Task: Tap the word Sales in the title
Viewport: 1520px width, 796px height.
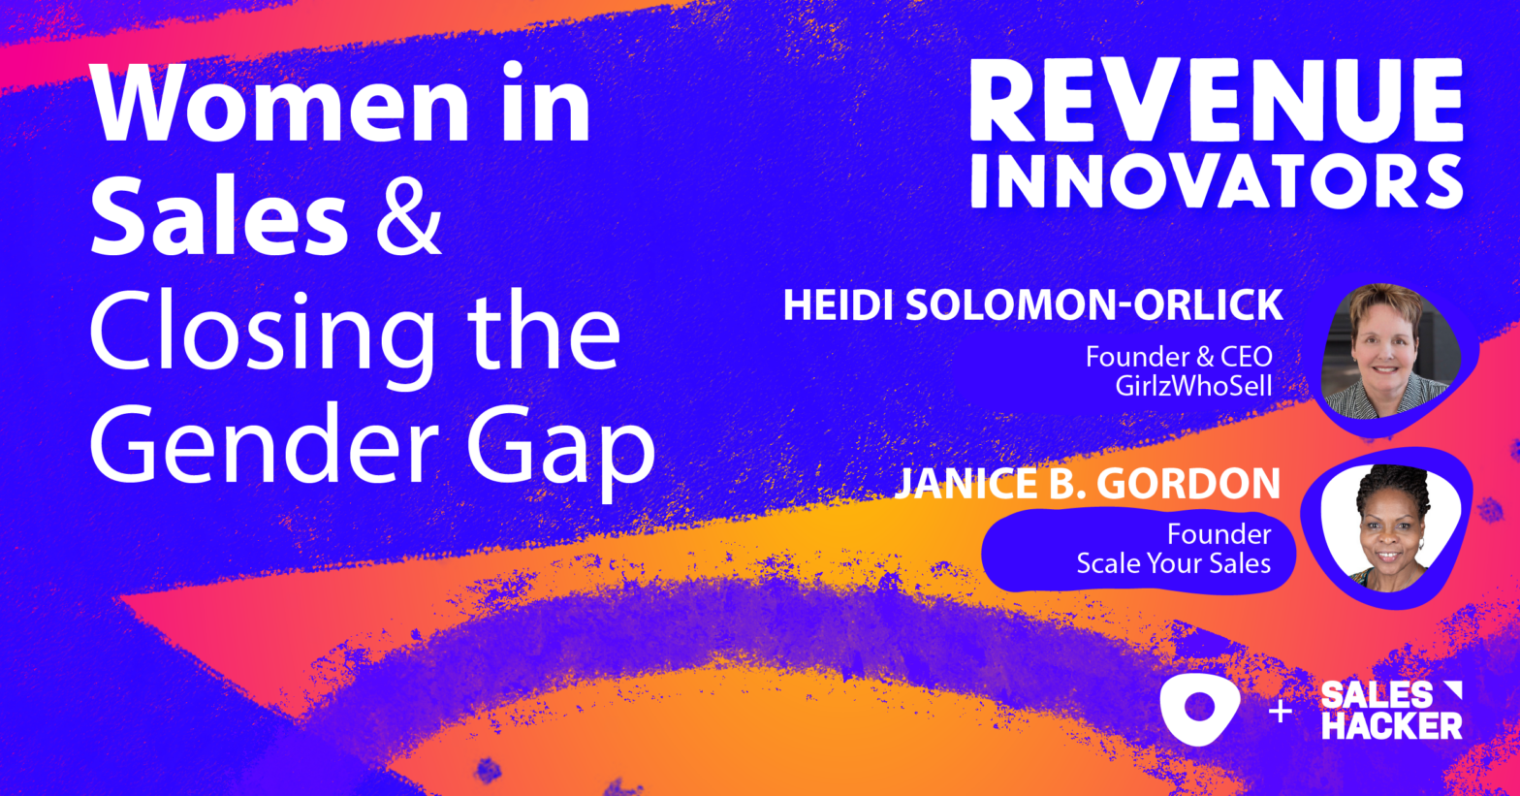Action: click(219, 217)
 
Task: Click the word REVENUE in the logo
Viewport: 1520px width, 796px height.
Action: click(1217, 102)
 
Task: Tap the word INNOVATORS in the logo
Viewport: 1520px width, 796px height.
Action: click(1217, 181)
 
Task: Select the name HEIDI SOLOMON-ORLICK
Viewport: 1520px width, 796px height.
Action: click(1032, 305)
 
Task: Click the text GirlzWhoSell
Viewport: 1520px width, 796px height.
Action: click(1193, 385)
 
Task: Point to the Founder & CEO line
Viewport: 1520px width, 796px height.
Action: click(1179, 357)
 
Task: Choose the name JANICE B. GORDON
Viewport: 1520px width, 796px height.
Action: click(1087, 484)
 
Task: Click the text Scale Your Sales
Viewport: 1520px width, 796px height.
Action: click(1173, 563)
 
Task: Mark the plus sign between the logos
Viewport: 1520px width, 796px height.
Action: click(1281, 712)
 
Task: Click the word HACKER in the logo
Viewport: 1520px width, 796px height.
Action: click(1391, 724)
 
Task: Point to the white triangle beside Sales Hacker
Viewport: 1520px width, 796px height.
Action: click(1450, 690)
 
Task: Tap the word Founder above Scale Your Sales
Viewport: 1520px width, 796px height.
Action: click(1219, 534)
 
